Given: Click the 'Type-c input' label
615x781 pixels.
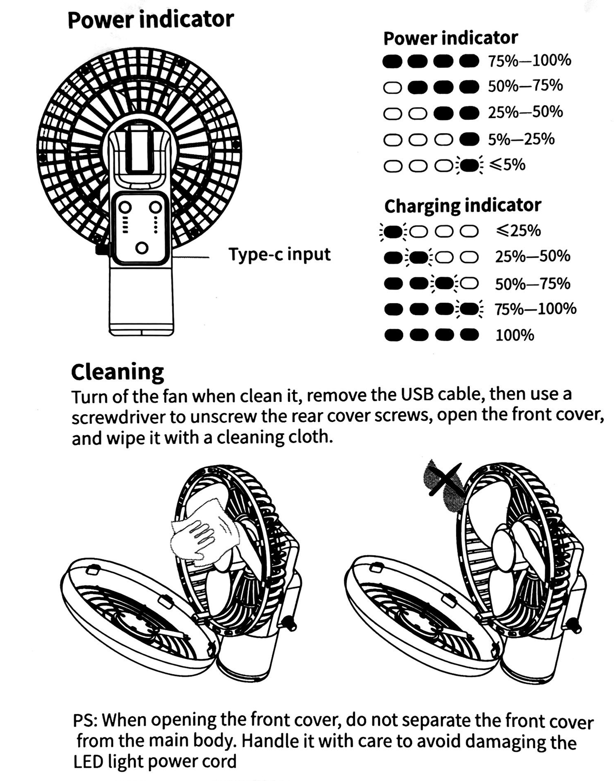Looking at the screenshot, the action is [280, 254].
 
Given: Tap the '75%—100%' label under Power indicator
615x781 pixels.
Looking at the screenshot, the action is [529, 60].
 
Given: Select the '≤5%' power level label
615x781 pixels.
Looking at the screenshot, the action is [507, 164].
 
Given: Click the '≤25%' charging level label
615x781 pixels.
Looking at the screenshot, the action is [518, 230].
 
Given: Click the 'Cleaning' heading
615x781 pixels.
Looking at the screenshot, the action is [117, 372].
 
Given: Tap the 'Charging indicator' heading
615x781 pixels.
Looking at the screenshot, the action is [463, 206].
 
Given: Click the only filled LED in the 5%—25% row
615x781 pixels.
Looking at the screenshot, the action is [469, 139].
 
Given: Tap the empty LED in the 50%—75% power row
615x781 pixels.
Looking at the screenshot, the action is [392, 87].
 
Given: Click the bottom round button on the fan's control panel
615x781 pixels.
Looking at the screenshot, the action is [142, 248].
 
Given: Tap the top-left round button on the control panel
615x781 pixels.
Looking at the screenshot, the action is [125, 207].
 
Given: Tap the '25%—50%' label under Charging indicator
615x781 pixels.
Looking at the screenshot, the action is [532, 256].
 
